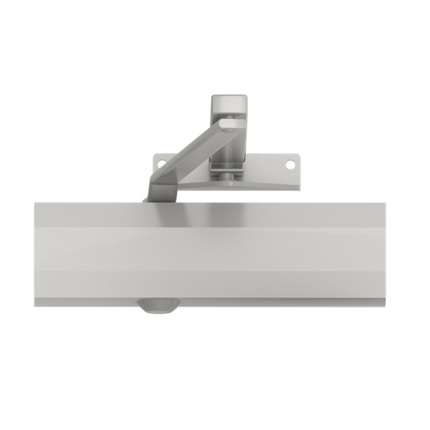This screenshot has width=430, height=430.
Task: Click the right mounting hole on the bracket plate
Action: point(291,164)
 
